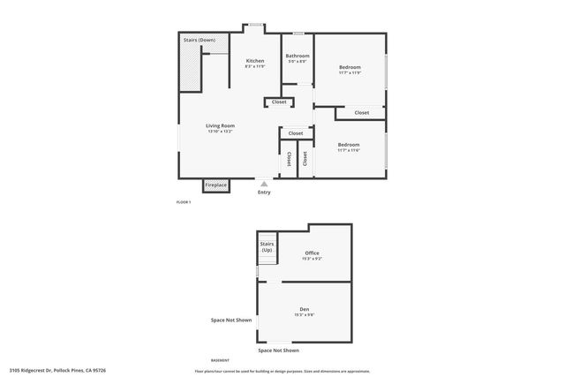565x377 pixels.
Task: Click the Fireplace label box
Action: [216, 185]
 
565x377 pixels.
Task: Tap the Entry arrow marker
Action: [262, 184]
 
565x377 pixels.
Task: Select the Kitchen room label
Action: [254, 61]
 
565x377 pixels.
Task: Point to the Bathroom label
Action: [297, 56]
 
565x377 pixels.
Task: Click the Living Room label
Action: [220, 126]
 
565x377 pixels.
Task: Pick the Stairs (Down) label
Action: [199, 41]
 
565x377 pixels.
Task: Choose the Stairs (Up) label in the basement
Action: [266, 247]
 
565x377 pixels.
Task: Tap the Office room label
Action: [312, 253]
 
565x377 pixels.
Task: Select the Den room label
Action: [305, 309]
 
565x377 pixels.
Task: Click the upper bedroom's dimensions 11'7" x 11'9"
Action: [349, 72]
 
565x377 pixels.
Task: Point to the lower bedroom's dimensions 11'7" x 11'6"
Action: [349, 150]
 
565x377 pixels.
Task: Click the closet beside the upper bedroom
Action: [362, 112]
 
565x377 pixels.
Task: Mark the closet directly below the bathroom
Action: [279, 102]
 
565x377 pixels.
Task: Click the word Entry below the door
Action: [264, 192]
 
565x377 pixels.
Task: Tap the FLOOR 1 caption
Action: [184, 203]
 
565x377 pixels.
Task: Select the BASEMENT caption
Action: [220, 360]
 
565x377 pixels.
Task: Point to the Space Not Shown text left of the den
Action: [230, 320]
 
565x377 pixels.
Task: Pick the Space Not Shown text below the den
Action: [279, 351]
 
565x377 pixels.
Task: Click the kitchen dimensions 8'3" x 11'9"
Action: [254, 66]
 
